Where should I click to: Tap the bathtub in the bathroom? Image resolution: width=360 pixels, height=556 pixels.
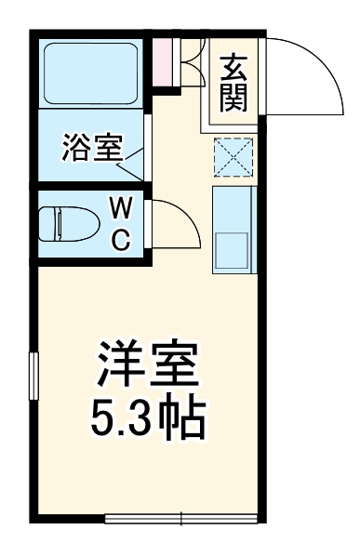pos(91,72)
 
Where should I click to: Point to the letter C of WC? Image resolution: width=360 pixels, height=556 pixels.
pos(121,240)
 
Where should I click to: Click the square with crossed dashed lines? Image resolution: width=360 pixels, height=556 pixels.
pos(232,156)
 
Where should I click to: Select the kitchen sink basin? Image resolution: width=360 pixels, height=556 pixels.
pos(232,250)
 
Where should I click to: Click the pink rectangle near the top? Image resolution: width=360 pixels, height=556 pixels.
pos(163,60)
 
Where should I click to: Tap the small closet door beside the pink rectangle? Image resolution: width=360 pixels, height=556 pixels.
pos(192,62)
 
